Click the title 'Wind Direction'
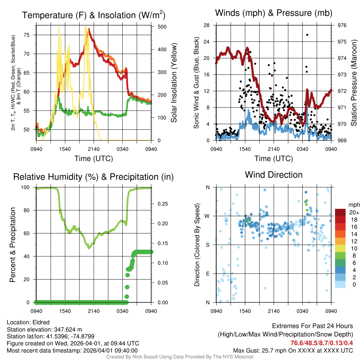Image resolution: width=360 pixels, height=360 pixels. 274,175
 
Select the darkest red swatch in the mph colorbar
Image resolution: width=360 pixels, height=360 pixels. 341,212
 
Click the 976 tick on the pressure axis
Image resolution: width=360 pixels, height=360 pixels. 342,25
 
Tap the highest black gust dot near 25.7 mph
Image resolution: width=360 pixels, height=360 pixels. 307,35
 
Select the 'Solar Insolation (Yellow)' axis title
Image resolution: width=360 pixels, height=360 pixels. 174,83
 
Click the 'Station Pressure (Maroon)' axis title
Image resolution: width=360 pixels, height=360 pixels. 354,83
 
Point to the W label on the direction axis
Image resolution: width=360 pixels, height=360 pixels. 208,216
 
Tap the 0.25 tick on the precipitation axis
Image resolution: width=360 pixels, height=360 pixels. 161,204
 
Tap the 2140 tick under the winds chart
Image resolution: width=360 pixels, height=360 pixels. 274,149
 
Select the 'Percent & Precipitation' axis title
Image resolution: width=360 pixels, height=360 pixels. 13,245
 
